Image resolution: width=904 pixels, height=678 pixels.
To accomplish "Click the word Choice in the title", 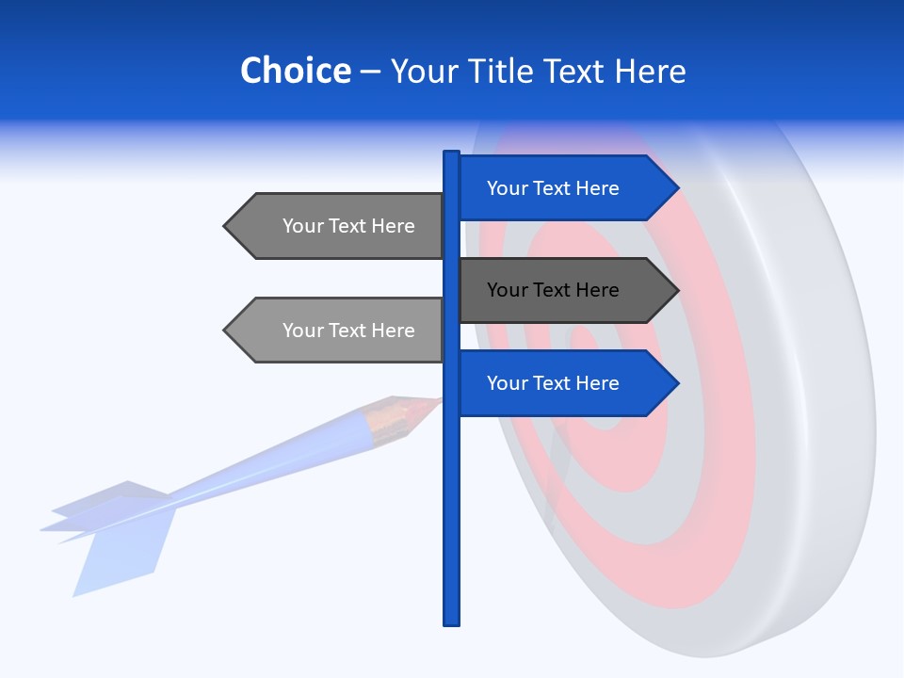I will click(x=295, y=72).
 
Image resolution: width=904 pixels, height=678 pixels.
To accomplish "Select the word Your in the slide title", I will click(x=422, y=72).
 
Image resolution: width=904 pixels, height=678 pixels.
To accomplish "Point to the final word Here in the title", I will click(x=650, y=72).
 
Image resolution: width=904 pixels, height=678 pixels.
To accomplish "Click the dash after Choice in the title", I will click(x=370, y=73).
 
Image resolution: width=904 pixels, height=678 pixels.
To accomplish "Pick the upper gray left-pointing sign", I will click(x=339, y=226).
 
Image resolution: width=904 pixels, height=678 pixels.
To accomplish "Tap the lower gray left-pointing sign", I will click(x=339, y=331).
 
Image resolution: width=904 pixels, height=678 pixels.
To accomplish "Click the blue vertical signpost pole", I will click(x=451, y=508).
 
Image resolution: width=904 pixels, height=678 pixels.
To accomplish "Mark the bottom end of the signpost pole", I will click(x=451, y=621).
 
